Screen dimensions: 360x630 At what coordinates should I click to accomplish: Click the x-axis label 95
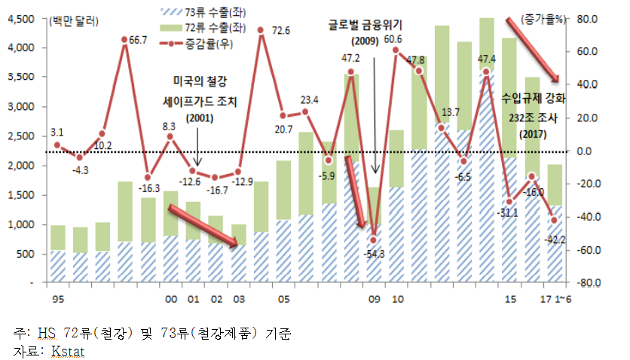pos(56,299)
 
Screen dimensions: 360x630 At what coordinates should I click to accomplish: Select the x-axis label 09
pos(373,299)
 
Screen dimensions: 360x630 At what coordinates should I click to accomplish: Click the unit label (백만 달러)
pos(69,22)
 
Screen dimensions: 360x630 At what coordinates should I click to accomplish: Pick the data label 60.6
pos(392,38)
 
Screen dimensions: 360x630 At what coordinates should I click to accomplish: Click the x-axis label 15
pos(510,299)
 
